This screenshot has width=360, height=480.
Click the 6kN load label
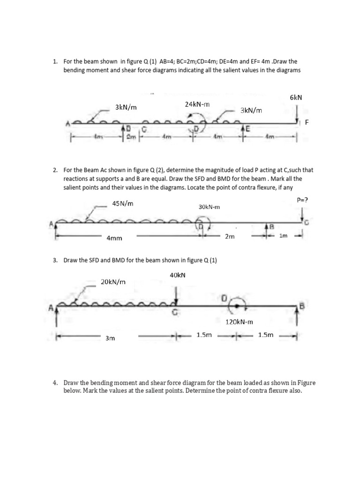tap(296, 97)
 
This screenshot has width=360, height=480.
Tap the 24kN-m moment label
tap(197, 104)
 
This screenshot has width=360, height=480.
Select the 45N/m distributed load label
tap(123, 203)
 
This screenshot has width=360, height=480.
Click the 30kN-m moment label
tap(210, 207)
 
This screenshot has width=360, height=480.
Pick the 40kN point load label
tap(178, 275)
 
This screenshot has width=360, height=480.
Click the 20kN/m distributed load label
tap(113, 282)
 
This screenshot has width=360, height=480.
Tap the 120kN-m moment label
tap(239, 322)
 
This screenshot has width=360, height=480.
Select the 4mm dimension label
tap(114, 238)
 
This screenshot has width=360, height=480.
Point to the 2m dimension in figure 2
tap(230, 237)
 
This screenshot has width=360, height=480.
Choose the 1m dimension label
tap(283, 236)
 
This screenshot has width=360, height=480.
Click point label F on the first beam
tap(307, 122)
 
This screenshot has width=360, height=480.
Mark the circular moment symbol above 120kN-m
tap(238, 305)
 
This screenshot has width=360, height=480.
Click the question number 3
tap(55, 261)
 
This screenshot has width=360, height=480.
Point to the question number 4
tap(55, 383)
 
